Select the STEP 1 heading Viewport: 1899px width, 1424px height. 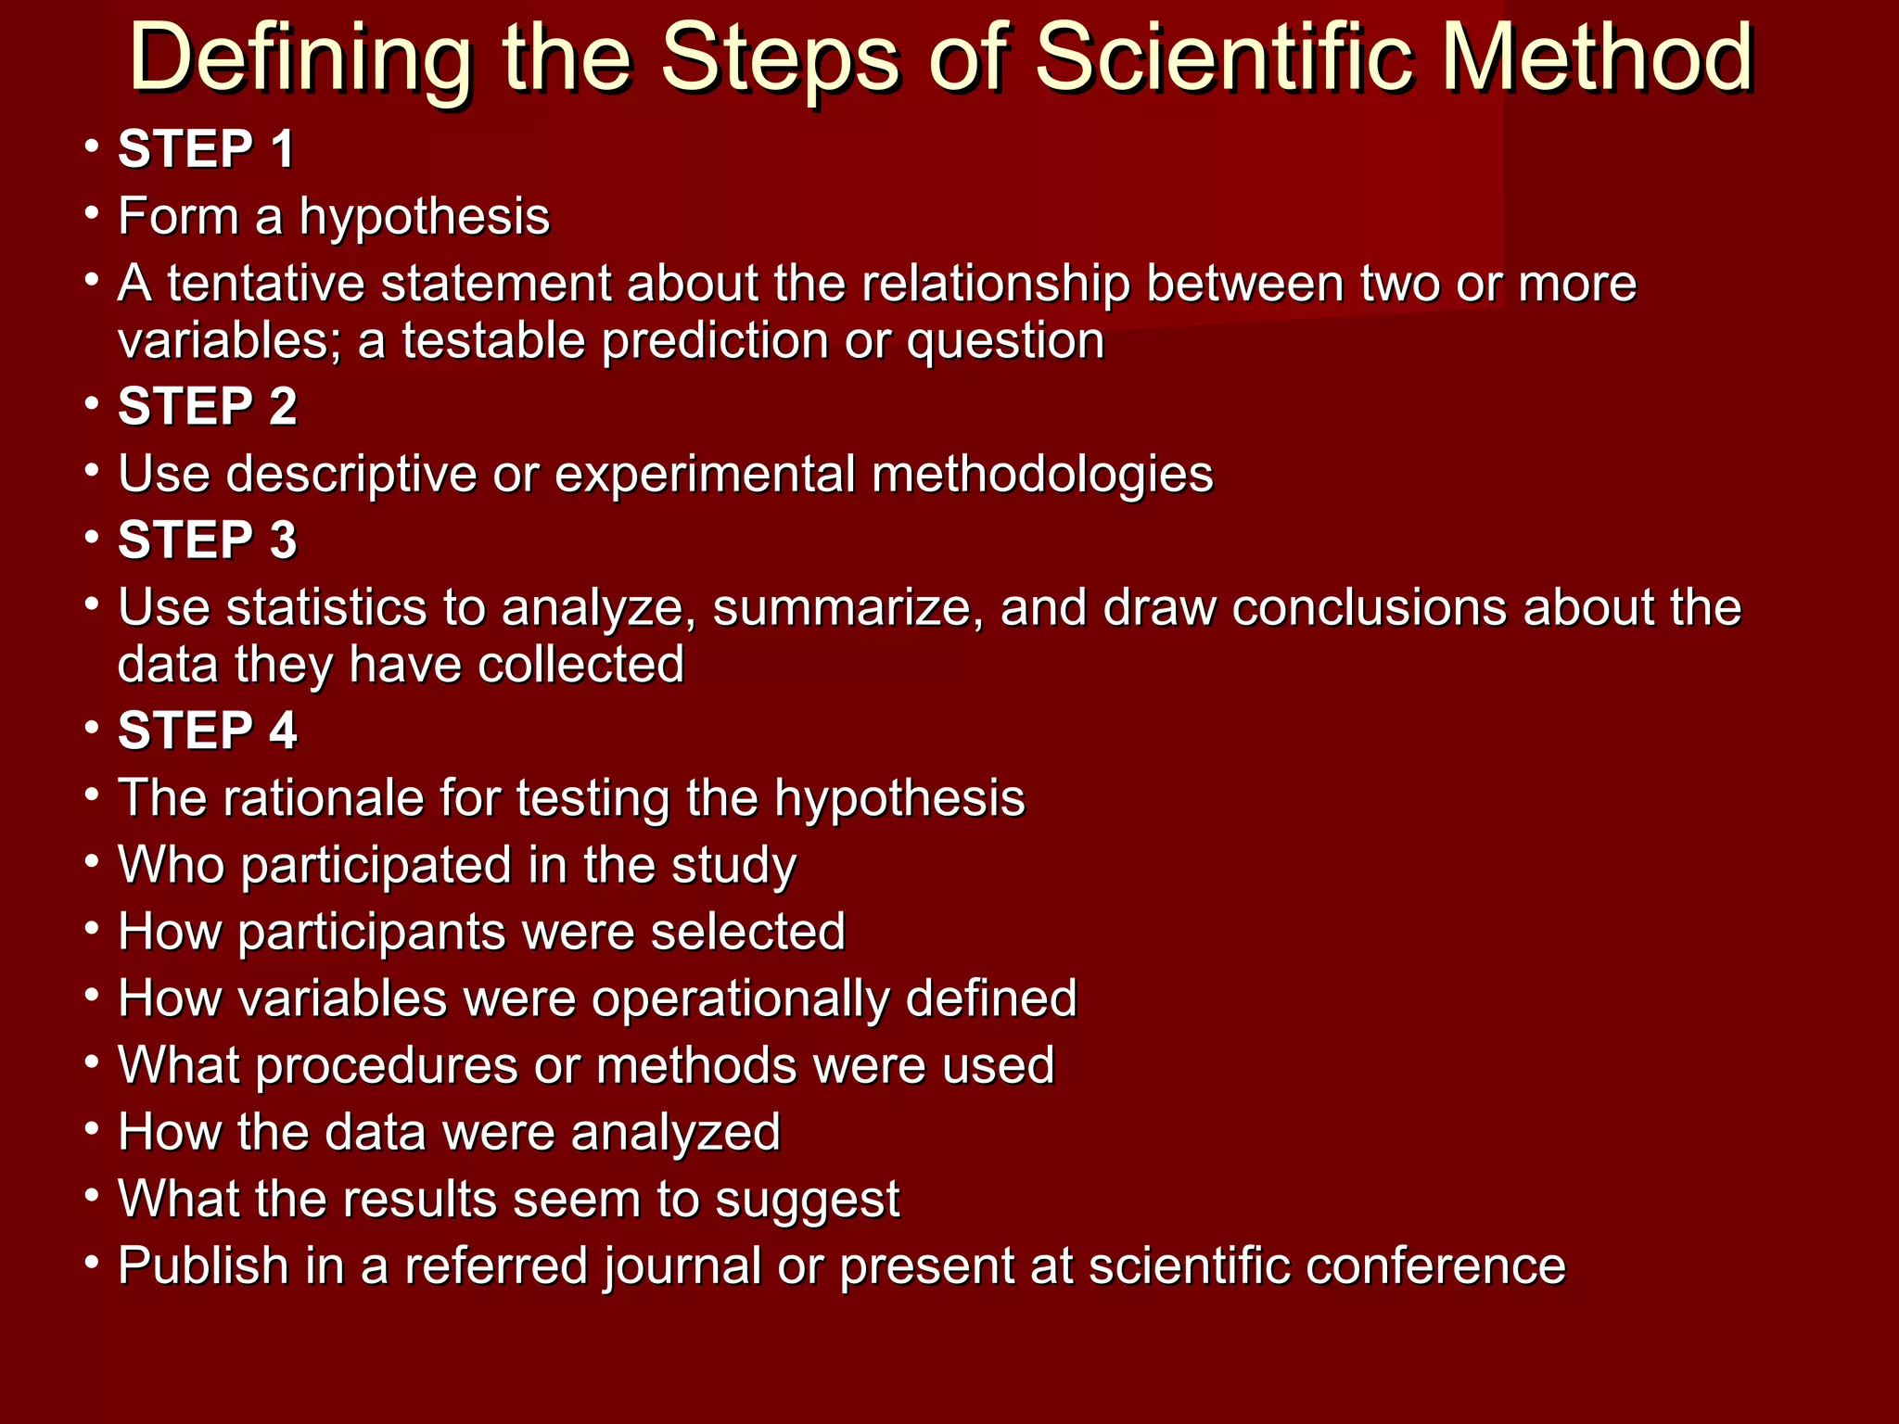(x=206, y=149)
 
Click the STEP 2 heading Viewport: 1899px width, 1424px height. (x=207, y=407)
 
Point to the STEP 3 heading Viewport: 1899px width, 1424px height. (x=207, y=540)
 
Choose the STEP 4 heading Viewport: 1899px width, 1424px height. (x=207, y=731)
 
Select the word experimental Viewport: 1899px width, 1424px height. (x=705, y=475)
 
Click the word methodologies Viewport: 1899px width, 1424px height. (x=1042, y=475)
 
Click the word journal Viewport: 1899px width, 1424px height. (x=682, y=1267)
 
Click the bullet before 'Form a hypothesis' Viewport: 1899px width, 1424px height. (x=91, y=212)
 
